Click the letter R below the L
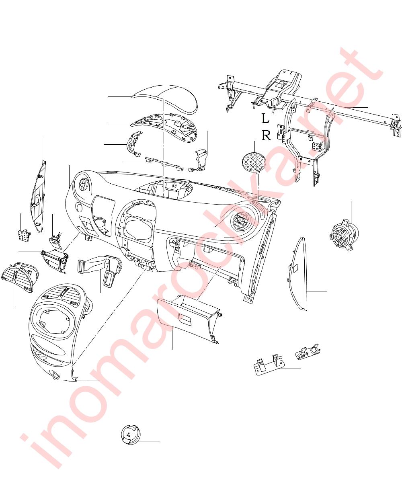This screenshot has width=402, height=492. [266, 135]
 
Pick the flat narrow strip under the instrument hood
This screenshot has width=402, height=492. [164, 164]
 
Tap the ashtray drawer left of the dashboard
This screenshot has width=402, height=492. [55, 260]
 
